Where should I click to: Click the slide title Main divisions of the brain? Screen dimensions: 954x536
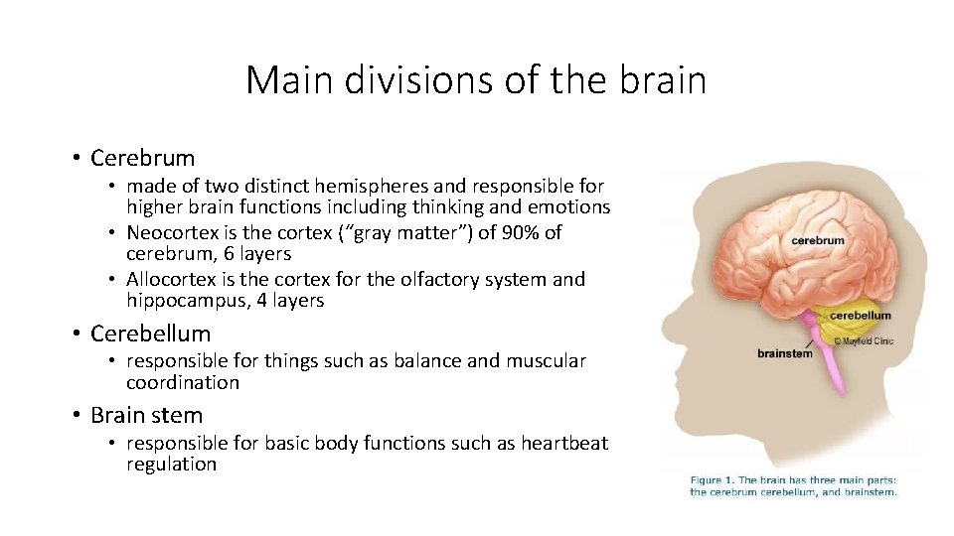(476, 79)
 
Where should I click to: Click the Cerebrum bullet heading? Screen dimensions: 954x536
(142, 158)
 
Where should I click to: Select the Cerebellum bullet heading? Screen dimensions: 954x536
(150, 333)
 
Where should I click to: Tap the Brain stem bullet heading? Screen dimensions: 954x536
(146, 415)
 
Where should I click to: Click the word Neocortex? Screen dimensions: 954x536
(170, 233)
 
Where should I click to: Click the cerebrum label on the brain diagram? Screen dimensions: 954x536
(818, 240)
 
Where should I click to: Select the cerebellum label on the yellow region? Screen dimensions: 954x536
(861, 316)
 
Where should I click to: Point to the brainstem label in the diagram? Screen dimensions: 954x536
(784, 353)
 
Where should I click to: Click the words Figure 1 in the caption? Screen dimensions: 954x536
(716, 481)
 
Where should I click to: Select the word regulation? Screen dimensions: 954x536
(171, 464)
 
